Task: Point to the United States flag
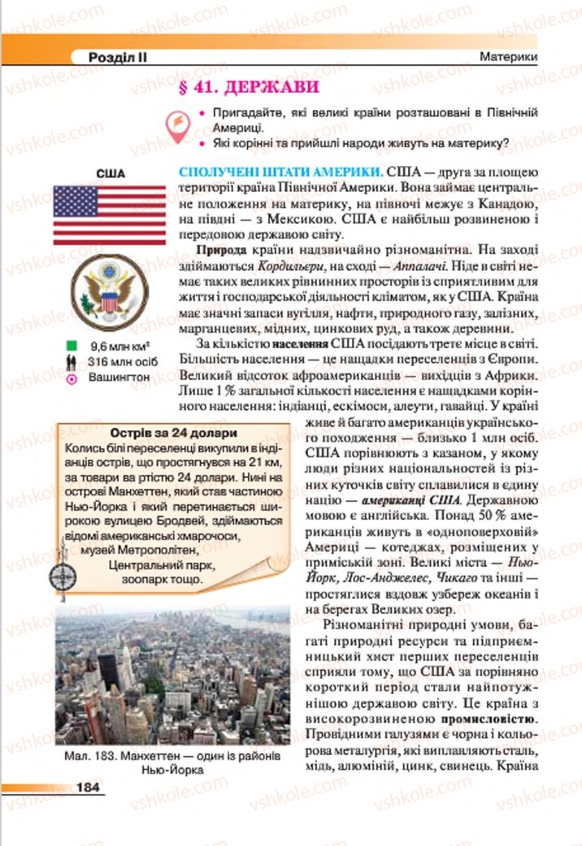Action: point(110,215)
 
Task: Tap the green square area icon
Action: point(72,346)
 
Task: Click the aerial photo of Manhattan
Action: point(172,674)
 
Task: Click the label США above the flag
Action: point(110,173)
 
